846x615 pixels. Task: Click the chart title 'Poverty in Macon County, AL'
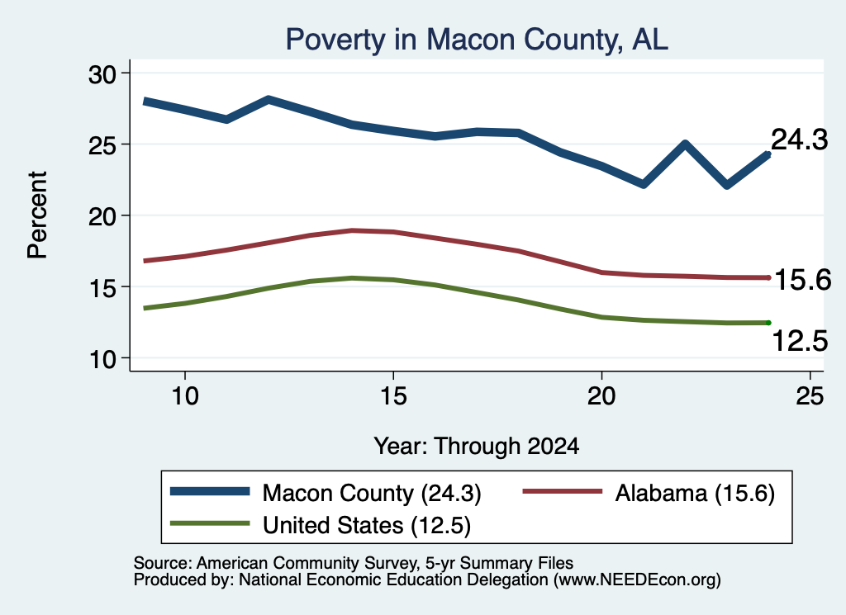click(477, 40)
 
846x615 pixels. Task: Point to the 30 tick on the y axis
click(102, 73)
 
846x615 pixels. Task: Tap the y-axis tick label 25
click(102, 145)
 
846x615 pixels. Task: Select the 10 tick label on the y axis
click(102, 359)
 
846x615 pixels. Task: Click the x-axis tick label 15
click(393, 396)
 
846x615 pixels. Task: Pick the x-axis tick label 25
click(810, 396)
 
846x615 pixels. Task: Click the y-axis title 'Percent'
click(37, 215)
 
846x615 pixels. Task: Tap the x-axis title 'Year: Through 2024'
click(477, 447)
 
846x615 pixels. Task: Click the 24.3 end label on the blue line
click(800, 140)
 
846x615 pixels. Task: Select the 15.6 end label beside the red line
click(803, 281)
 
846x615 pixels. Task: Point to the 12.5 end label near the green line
click(800, 341)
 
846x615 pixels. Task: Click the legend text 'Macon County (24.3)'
click(372, 493)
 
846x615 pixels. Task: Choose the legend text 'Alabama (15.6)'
click(695, 493)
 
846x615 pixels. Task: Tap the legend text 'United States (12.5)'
click(367, 526)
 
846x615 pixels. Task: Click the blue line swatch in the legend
click(210, 491)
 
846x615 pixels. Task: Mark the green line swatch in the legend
click(210, 523)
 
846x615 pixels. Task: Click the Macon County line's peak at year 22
click(685, 144)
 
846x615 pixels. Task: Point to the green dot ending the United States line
click(768, 323)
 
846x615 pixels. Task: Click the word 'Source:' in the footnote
click(163, 563)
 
